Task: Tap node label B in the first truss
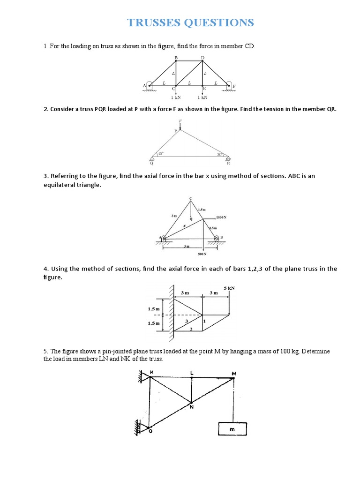176,58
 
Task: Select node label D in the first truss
202,58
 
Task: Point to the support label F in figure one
234,86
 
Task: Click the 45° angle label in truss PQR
161,154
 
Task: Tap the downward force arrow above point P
180,125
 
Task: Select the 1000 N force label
222,218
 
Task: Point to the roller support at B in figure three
217,239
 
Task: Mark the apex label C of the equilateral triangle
190,199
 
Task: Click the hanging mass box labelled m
234,428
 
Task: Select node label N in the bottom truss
191,407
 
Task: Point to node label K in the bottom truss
151,372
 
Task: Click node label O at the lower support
150,432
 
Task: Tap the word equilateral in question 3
60,185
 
